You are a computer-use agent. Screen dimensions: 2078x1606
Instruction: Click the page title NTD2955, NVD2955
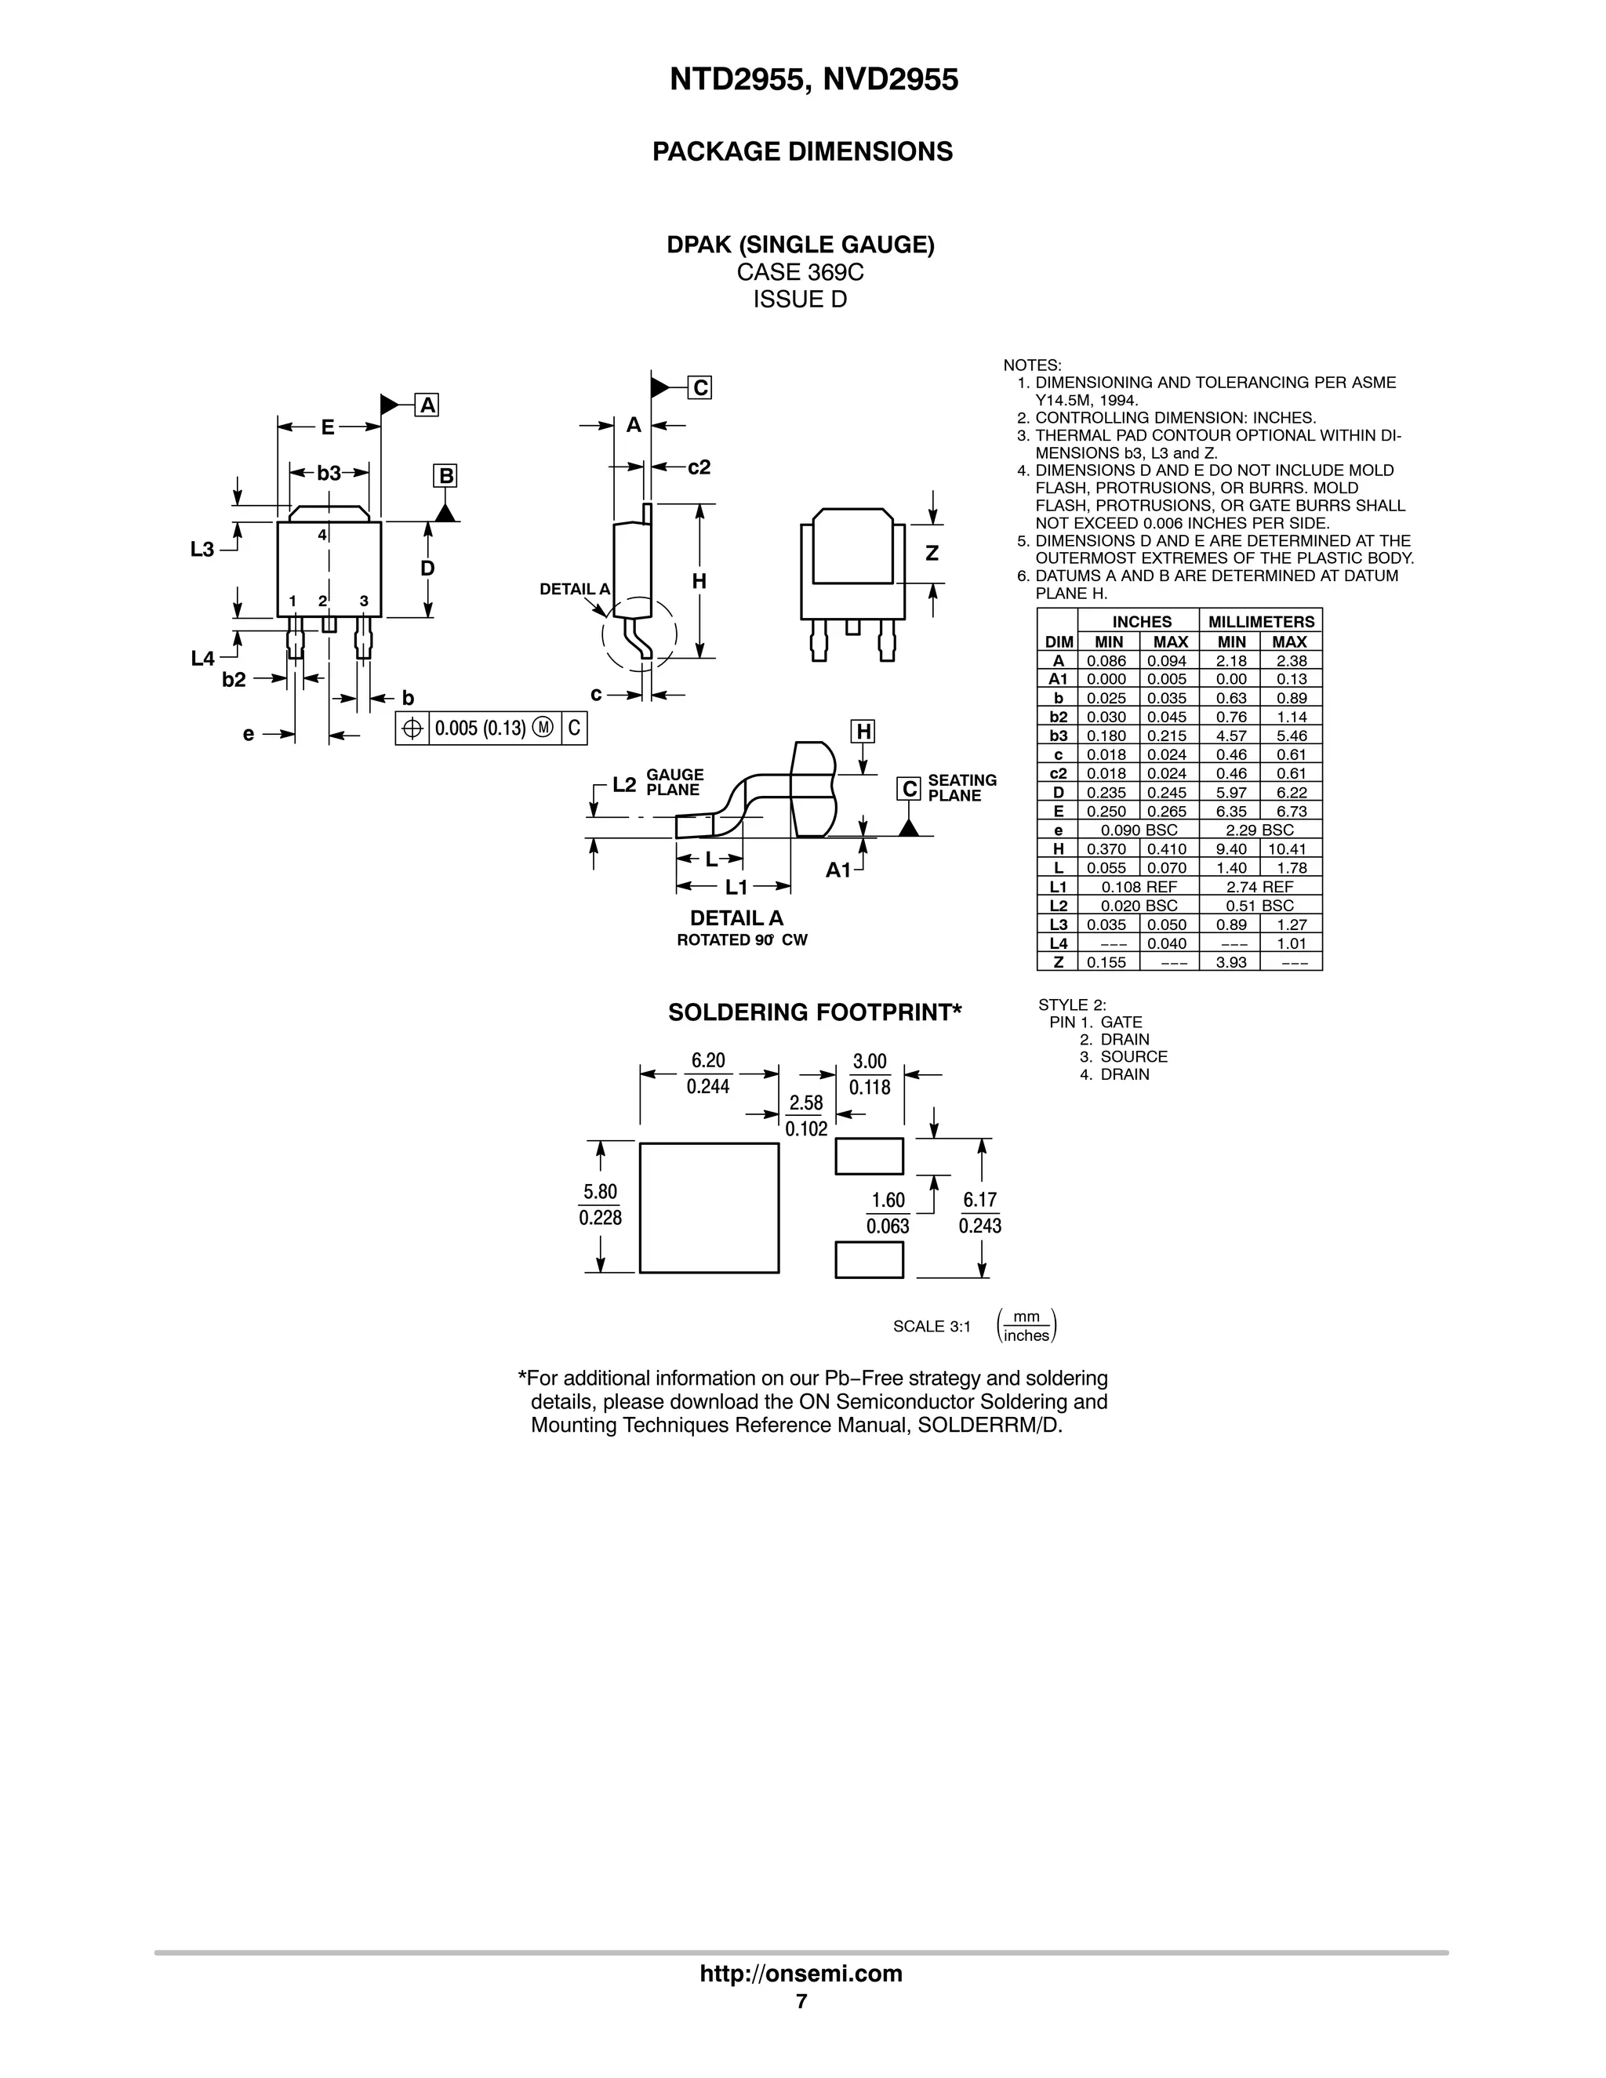click(813, 80)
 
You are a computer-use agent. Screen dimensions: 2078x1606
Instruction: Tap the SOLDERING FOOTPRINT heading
click(815, 1012)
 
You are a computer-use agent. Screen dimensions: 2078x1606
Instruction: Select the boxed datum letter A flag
click(428, 405)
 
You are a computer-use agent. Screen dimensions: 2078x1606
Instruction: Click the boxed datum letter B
click(445, 476)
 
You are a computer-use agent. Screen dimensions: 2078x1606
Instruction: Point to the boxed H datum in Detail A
click(863, 731)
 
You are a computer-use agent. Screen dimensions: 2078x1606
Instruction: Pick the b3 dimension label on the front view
click(329, 473)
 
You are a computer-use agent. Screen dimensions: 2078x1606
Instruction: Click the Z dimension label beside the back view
click(932, 554)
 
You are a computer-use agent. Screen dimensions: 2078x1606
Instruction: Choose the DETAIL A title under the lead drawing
click(736, 918)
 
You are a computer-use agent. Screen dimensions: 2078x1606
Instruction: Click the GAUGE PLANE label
click(674, 782)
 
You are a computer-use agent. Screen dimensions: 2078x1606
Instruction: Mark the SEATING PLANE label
click(962, 788)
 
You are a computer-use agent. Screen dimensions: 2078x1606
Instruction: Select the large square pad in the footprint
click(709, 1208)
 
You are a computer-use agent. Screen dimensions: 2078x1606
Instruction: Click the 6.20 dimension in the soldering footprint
click(708, 1061)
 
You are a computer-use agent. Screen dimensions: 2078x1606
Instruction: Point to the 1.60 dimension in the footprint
click(888, 1201)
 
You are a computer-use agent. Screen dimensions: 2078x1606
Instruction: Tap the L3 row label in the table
click(1058, 925)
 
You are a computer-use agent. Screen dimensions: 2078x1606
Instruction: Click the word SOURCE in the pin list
click(1133, 1056)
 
